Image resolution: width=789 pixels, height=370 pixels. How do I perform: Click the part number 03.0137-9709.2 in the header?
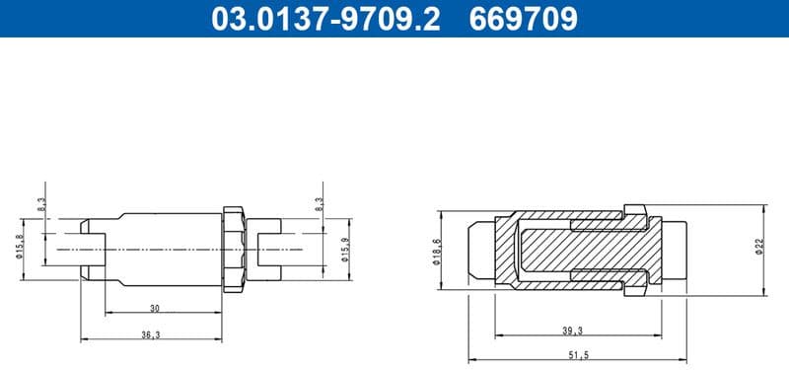(325, 19)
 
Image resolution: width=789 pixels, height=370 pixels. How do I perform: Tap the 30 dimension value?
(154, 307)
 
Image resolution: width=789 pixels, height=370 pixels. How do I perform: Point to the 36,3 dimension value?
(150, 334)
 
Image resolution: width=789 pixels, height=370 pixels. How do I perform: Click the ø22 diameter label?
(759, 248)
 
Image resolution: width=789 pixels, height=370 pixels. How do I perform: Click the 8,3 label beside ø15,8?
(41, 205)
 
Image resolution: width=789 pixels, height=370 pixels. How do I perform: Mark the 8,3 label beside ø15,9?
(318, 205)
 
